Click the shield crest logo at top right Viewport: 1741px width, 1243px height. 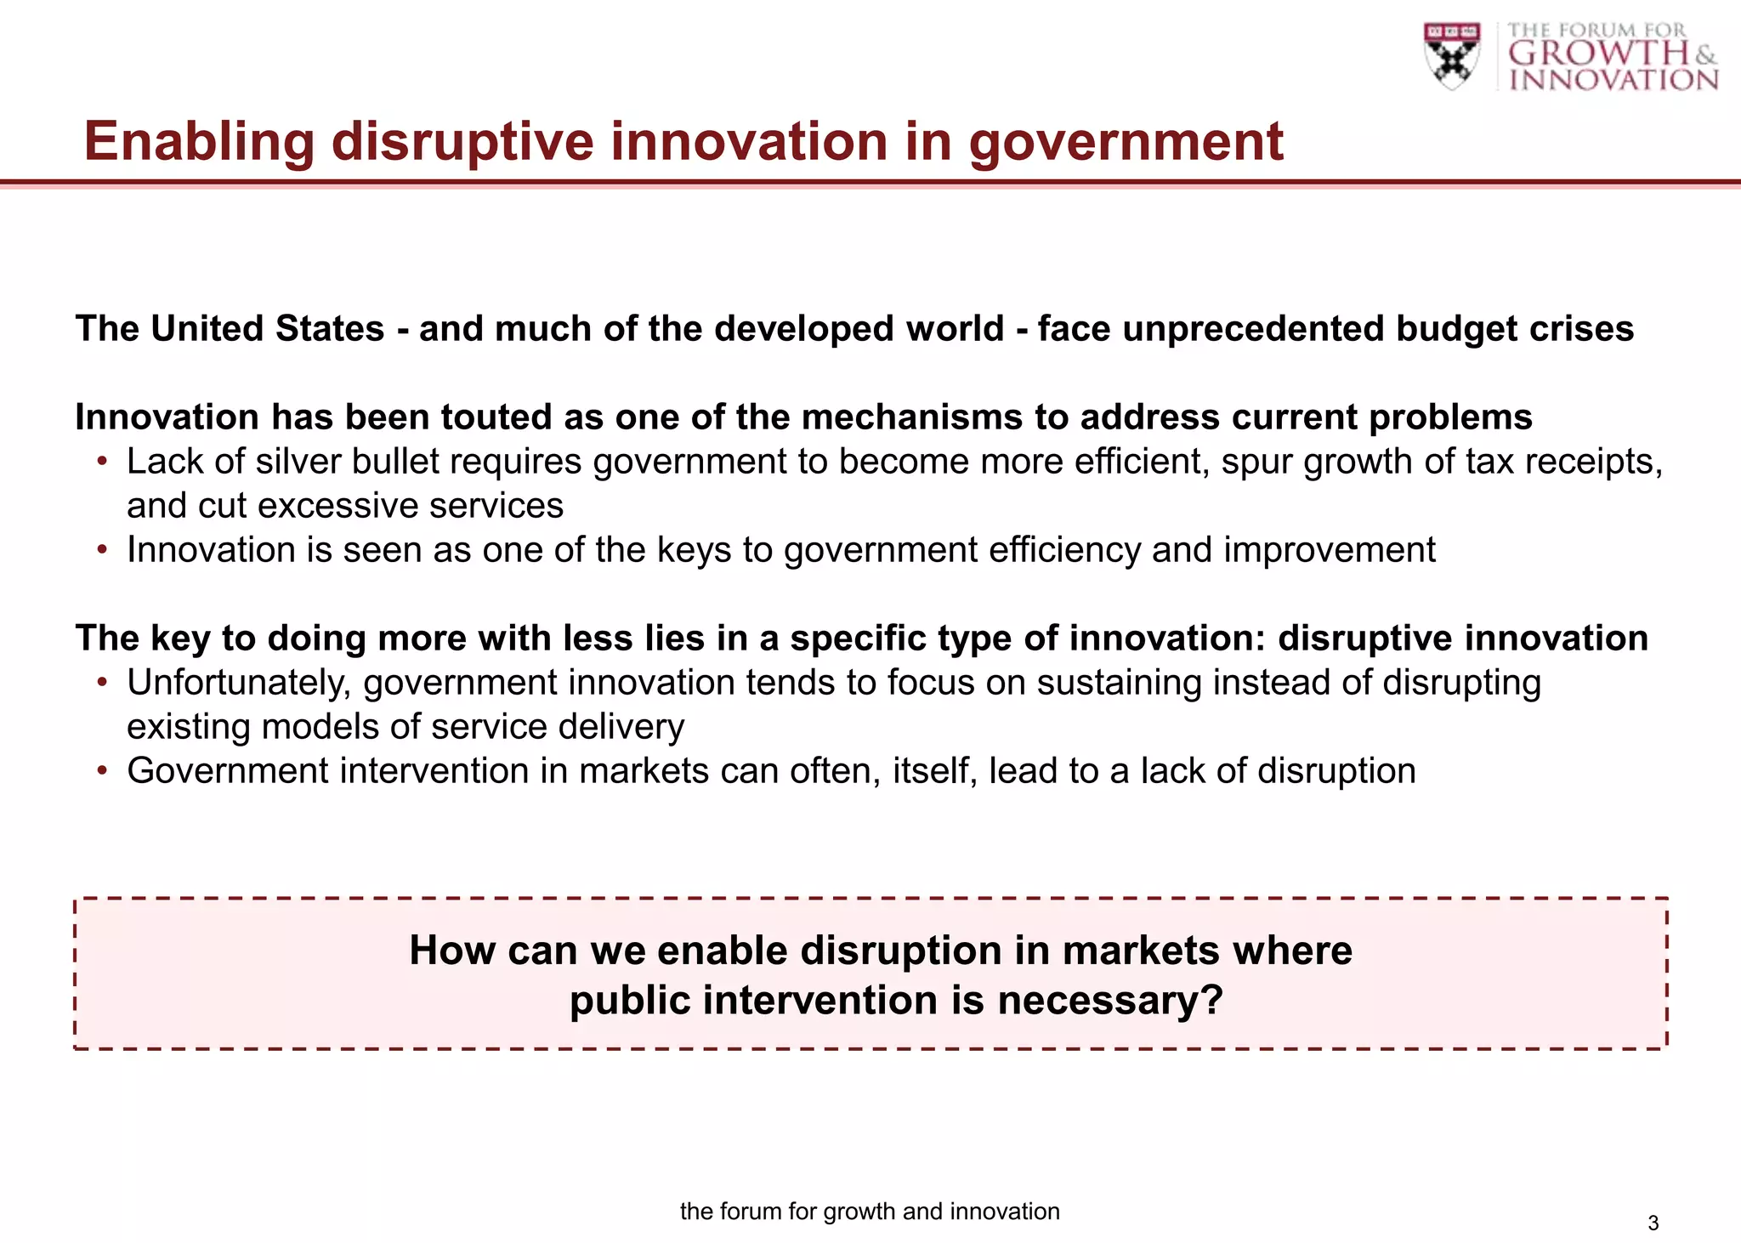click(1452, 55)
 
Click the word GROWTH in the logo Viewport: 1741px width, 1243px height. click(1598, 54)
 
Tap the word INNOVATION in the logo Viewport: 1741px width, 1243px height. click(1613, 80)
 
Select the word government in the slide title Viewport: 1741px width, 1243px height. click(1126, 141)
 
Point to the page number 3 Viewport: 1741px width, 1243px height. click(1653, 1223)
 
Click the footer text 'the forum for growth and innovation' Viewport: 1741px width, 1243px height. click(870, 1212)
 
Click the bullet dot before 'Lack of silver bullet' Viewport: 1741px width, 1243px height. click(103, 462)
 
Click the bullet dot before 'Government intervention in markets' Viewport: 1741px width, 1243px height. click(103, 771)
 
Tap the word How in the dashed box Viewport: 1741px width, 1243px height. click(451, 951)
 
